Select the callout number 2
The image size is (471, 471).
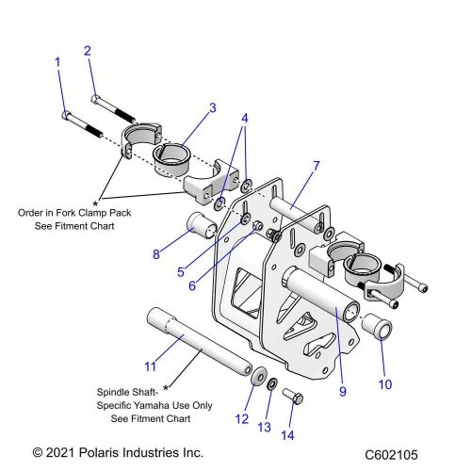(88, 50)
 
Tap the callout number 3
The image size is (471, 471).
(212, 108)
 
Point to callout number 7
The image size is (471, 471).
(317, 166)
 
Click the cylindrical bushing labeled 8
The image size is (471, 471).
(201, 229)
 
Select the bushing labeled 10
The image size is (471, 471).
(377, 330)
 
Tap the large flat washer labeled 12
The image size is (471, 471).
(254, 379)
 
